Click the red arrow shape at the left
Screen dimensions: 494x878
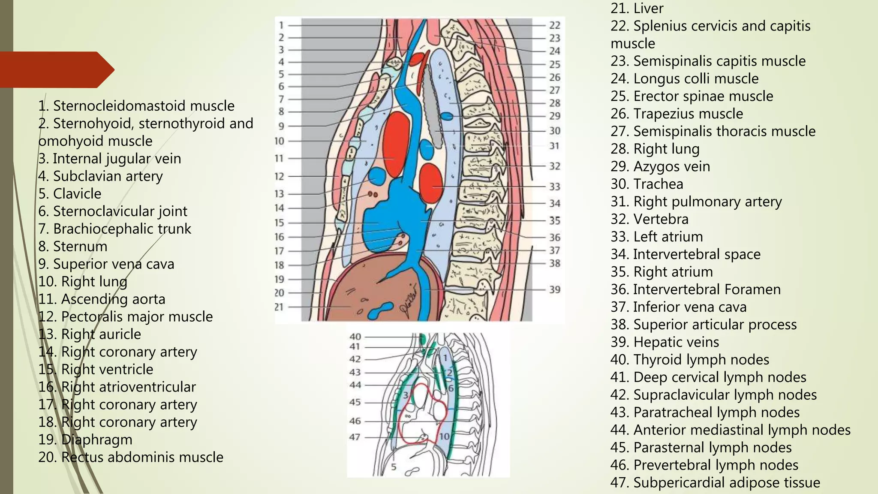pos(56,69)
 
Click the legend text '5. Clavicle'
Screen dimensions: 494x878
pos(69,194)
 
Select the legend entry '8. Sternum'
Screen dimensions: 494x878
pos(72,247)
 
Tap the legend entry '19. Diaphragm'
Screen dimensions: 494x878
pos(85,440)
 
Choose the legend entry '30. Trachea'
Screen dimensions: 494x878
pos(646,184)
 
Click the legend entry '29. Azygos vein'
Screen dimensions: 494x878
pos(660,167)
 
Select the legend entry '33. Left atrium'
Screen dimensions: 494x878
pos(656,237)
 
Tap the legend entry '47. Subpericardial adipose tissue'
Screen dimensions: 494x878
pos(715,483)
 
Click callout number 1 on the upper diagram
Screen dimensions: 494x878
pos(281,25)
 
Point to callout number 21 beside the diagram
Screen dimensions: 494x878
pos(279,307)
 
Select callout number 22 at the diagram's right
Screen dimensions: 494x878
pos(555,25)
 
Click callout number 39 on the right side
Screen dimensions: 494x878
pos(555,289)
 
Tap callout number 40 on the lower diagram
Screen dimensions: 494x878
pos(355,337)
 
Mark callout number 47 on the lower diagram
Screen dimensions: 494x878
pos(355,437)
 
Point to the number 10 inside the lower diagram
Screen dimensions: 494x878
pos(444,437)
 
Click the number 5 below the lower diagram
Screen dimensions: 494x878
pos(394,467)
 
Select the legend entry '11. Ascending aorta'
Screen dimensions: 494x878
pos(102,299)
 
